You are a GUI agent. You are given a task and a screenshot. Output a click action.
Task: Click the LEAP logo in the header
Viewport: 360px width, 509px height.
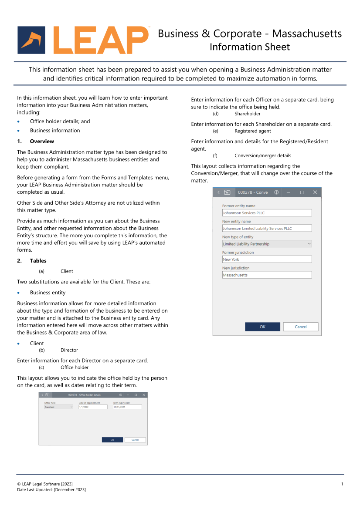coord(83,40)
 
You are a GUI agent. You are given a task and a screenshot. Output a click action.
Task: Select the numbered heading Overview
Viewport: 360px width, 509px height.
coord(42,142)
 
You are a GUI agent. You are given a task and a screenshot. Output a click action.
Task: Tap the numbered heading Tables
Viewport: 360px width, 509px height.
coord(38,261)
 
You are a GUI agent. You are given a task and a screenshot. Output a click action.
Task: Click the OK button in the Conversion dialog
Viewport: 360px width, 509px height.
coord(262,327)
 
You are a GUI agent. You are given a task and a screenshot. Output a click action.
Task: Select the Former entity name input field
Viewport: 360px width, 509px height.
coord(267,213)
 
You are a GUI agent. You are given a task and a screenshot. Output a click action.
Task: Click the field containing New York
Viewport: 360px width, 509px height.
coord(267,260)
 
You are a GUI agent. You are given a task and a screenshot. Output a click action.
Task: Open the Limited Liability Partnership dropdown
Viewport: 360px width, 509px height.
coord(267,244)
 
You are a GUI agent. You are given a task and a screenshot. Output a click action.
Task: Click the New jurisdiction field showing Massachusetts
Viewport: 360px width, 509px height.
coord(267,275)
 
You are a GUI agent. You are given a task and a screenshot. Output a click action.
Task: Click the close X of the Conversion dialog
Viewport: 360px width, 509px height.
coord(315,192)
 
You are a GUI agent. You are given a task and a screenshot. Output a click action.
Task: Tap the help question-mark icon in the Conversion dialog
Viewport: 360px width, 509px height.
coord(276,192)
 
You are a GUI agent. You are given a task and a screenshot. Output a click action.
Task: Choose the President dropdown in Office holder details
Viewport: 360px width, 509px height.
coord(58,407)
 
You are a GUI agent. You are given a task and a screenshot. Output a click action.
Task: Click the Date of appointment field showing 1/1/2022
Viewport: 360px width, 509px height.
coord(93,407)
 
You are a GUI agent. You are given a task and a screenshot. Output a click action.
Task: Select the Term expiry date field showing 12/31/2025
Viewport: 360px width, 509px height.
coord(127,407)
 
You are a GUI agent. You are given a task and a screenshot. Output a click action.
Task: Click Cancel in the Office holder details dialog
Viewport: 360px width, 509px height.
coord(135,440)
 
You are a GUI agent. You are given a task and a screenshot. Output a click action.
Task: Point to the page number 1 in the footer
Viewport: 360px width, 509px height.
coord(342,484)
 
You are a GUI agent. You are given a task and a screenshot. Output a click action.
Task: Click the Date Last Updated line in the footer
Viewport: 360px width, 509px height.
coord(51,490)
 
